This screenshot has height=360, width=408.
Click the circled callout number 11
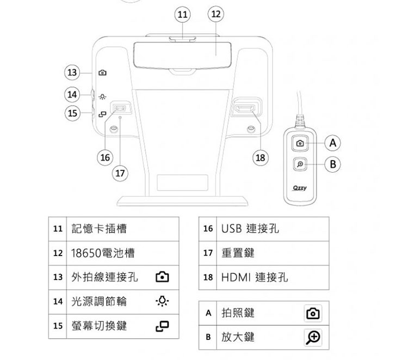(x=182, y=14)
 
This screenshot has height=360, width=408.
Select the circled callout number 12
(x=216, y=14)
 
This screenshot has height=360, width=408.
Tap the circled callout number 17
(x=120, y=173)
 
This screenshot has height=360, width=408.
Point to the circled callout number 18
(x=261, y=157)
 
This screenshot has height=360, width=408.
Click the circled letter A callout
(x=333, y=143)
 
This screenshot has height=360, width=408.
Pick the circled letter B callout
(x=333, y=164)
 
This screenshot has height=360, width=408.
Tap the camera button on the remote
(x=300, y=143)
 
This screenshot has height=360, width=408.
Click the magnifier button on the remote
(x=300, y=164)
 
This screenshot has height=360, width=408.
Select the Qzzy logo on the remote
(x=300, y=188)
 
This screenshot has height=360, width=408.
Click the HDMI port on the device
(x=245, y=108)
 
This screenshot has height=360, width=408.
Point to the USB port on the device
(x=120, y=108)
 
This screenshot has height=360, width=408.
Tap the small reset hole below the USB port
(x=120, y=118)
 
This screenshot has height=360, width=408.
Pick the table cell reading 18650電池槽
(x=123, y=253)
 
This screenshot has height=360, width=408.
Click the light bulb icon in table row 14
(x=162, y=301)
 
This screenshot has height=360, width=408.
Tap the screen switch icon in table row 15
(x=162, y=326)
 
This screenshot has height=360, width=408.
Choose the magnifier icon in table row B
(x=313, y=337)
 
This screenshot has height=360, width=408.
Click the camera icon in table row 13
(x=162, y=277)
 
